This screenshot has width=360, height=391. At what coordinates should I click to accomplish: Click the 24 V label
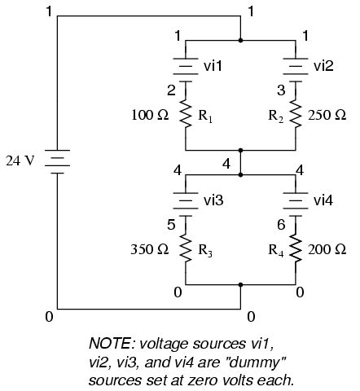(20, 160)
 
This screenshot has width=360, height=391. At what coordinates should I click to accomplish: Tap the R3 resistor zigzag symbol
(187, 249)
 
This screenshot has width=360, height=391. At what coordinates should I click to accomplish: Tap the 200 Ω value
(328, 249)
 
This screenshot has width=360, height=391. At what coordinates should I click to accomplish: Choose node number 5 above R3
(171, 224)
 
